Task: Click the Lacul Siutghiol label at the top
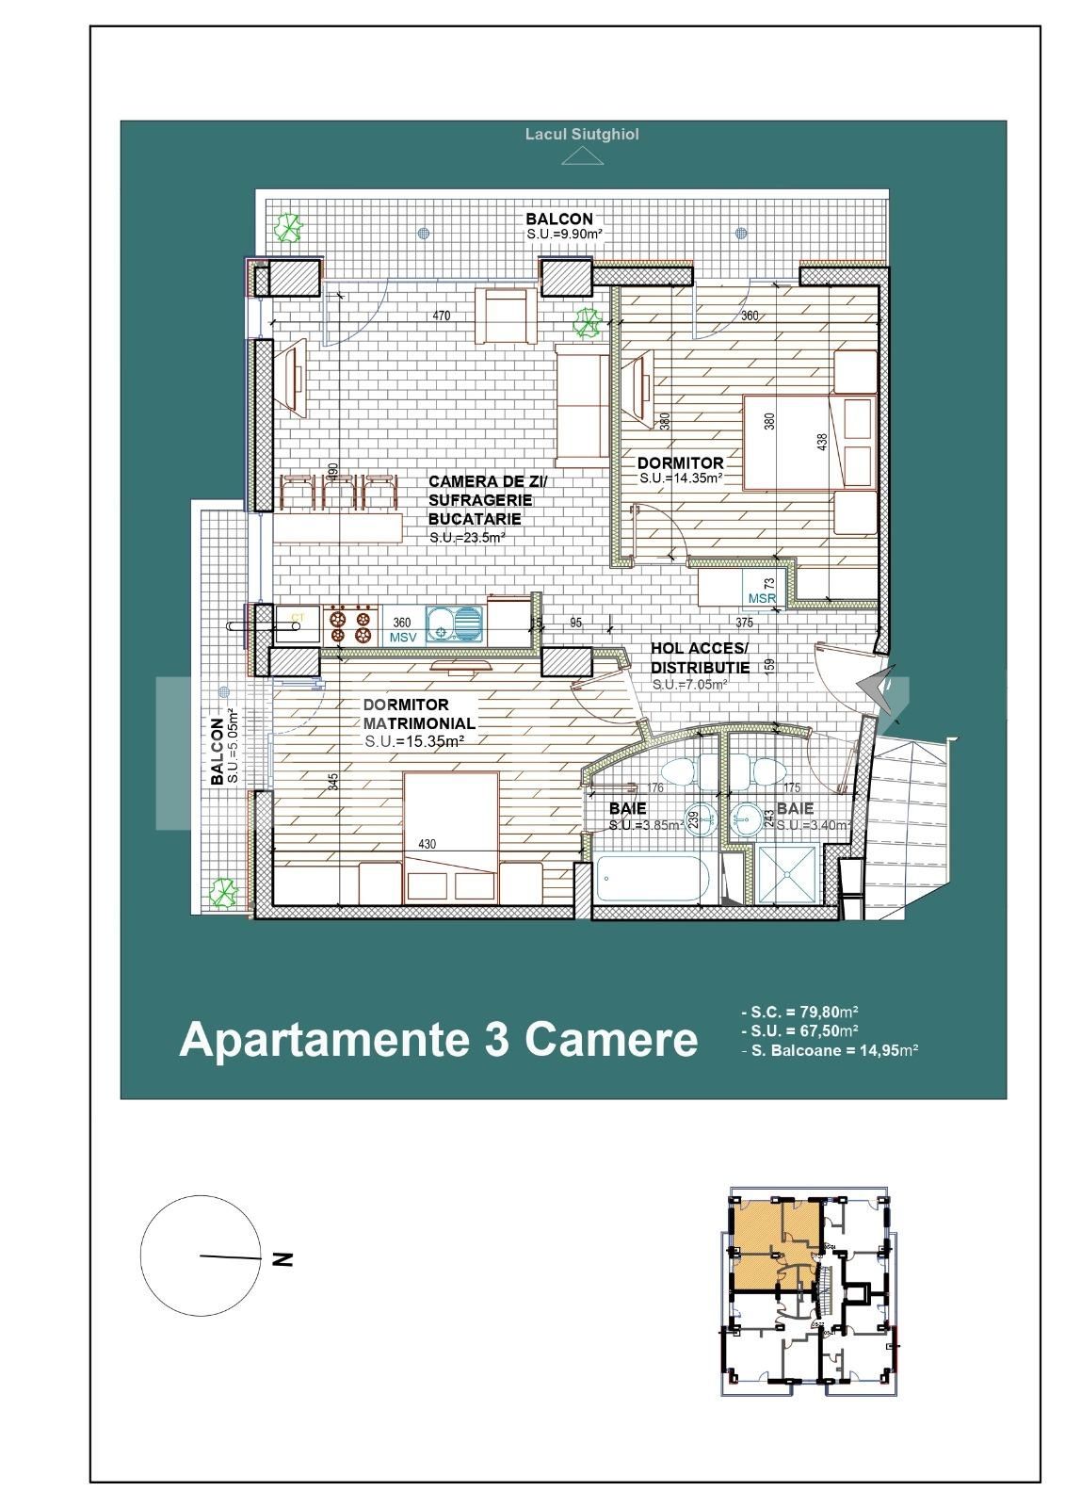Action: (581, 135)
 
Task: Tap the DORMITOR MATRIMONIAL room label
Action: (418, 714)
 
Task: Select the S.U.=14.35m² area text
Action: (680, 478)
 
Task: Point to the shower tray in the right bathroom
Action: (787, 875)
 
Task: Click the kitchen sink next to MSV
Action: (453, 623)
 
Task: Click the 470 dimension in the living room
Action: (441, 316)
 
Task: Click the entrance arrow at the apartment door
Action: (877, 685)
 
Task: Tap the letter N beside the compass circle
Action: (281, 1258)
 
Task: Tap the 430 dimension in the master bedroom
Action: (426, 845)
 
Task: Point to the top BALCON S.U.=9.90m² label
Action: (563, 226)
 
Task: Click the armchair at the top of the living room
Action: (504, 316)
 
